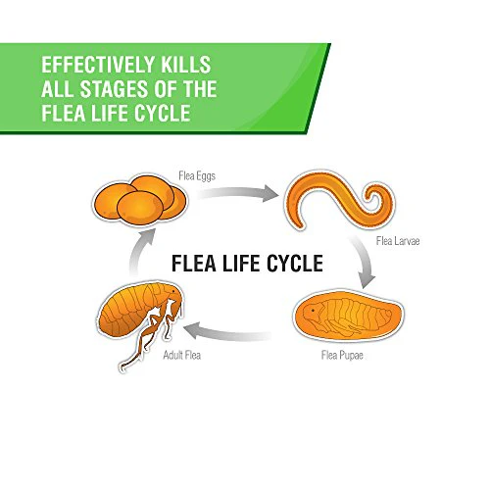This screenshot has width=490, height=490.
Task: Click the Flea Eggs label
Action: pos(197,175)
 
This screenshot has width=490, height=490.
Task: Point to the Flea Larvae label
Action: pos(398,241)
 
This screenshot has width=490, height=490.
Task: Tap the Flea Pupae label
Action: pos(342,355)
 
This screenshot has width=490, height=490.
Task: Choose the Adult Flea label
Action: pos(182,355)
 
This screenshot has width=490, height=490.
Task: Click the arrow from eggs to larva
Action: pos(238,193)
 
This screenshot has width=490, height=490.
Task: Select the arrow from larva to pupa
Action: pos(364,260)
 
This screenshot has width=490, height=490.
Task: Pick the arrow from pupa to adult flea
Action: pos(226,332)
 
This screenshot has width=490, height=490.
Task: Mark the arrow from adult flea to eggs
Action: pos(140,252)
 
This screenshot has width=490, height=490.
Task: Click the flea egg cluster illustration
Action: pos(140,200)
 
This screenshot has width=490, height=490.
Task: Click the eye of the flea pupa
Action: pos(313,310)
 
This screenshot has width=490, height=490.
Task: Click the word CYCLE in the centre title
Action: pos(295,264)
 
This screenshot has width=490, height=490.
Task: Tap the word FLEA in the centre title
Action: pos(194,264)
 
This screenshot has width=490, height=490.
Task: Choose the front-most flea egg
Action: pos(140,208)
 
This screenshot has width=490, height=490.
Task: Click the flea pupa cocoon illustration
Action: pos(348,315)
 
